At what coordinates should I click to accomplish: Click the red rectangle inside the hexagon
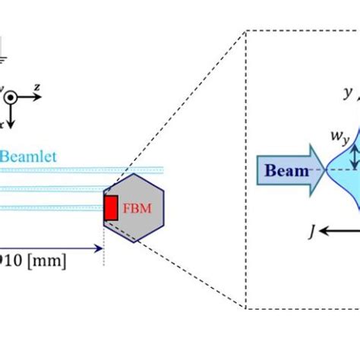click(x=111, y=208)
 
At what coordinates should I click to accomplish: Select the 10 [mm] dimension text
click(x=34, y=261)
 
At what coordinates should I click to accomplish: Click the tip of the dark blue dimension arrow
click(x=100, y=248)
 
